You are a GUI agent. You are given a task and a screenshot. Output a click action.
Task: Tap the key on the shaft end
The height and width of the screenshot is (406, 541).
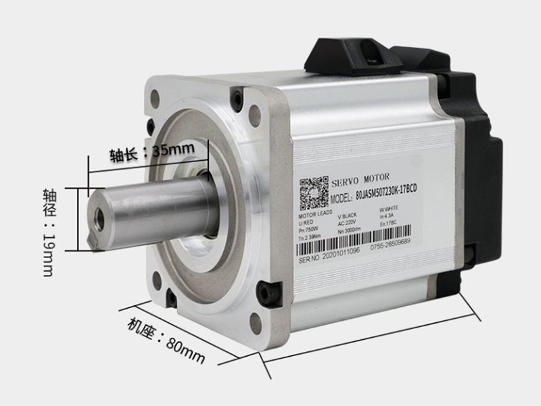click(93, 239)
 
